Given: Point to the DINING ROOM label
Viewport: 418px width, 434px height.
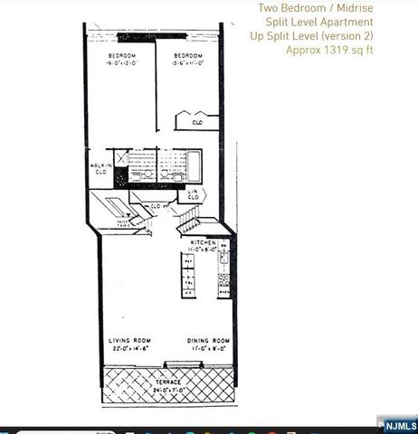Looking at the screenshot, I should click(x=208, y=341).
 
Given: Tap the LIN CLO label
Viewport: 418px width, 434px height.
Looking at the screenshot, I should click(x=193, y=193).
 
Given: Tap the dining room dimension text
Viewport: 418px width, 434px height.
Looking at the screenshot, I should click(x=208, y=348).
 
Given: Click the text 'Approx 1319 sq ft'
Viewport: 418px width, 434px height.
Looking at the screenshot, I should click(x=329, y=50).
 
